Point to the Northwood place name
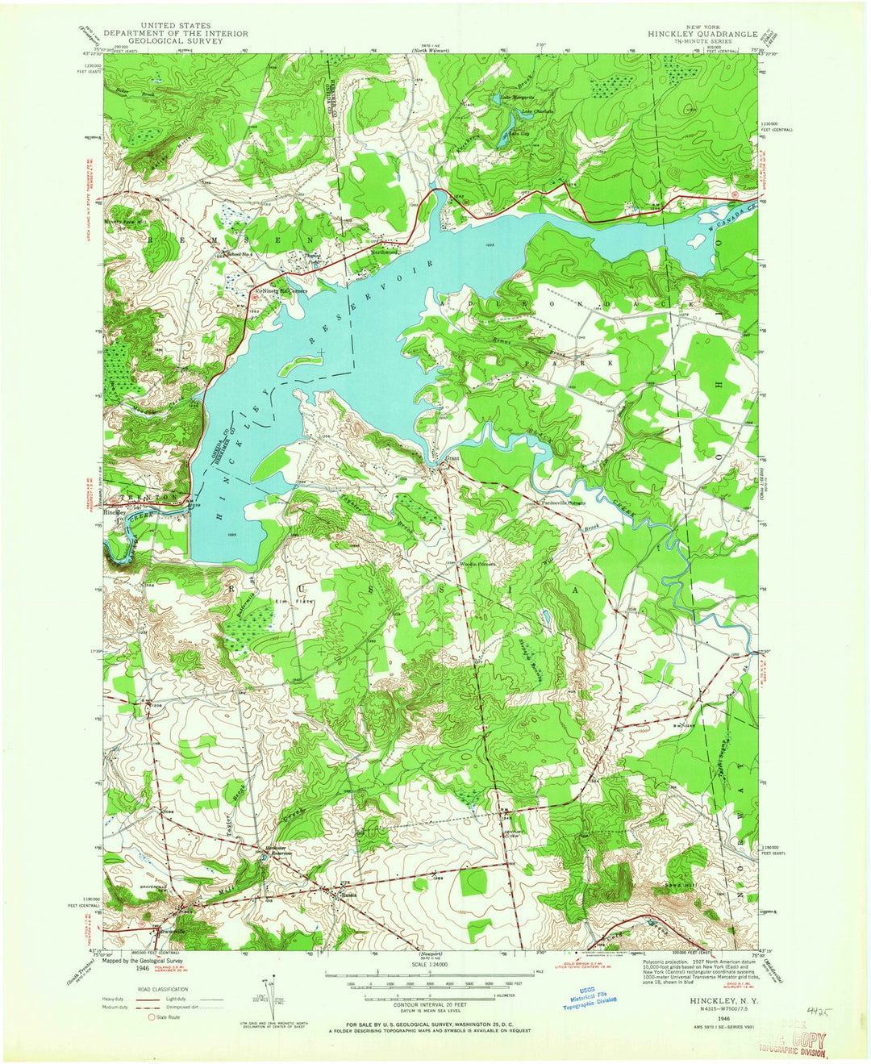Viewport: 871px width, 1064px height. (385, 252)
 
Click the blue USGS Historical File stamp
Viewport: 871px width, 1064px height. (590, 997)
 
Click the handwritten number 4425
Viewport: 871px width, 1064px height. (816, 1009)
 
